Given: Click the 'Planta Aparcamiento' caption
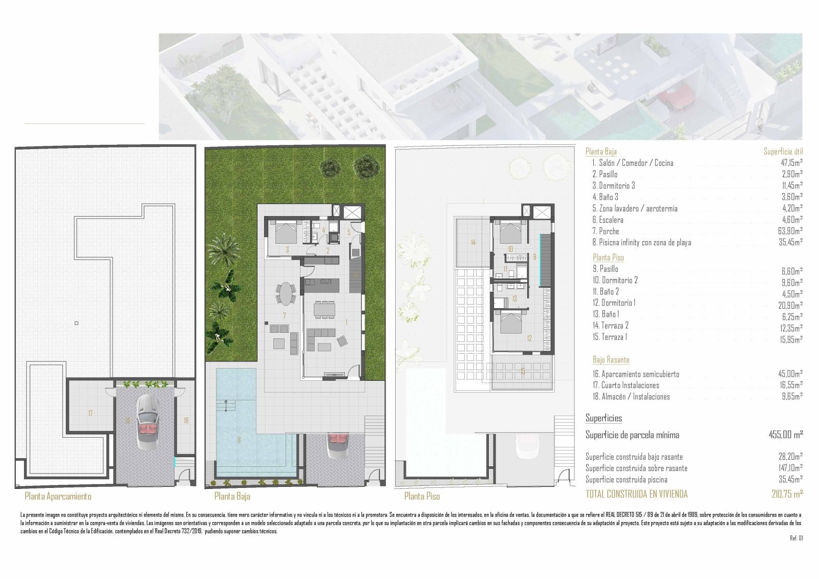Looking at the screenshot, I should [58, 496].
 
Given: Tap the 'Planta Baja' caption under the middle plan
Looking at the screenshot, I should [232, 496].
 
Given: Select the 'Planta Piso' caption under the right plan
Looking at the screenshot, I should [422, 496].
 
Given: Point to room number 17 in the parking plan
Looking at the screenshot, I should [90, 413].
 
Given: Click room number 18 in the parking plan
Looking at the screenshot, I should [186, 420].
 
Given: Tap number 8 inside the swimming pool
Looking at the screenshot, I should [239, 440].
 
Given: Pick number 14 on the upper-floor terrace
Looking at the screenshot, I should [473, 242].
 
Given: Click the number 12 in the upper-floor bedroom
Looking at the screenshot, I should [529, 338].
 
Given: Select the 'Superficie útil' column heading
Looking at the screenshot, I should [783, 152].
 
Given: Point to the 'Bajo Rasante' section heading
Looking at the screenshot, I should [611, 360].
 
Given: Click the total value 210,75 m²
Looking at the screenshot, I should [787, 494].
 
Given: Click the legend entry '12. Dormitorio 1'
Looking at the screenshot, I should [614, 303].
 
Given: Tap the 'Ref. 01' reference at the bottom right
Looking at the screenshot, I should [796, 538].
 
